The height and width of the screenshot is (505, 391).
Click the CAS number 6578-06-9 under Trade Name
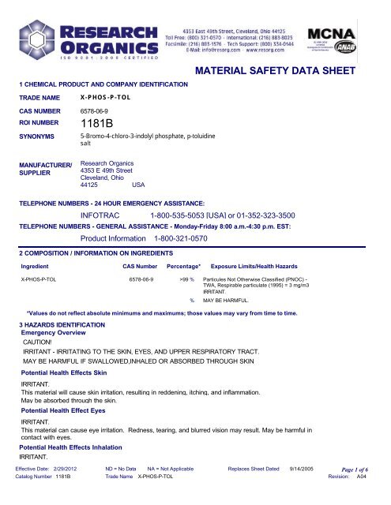click(96, 112)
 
